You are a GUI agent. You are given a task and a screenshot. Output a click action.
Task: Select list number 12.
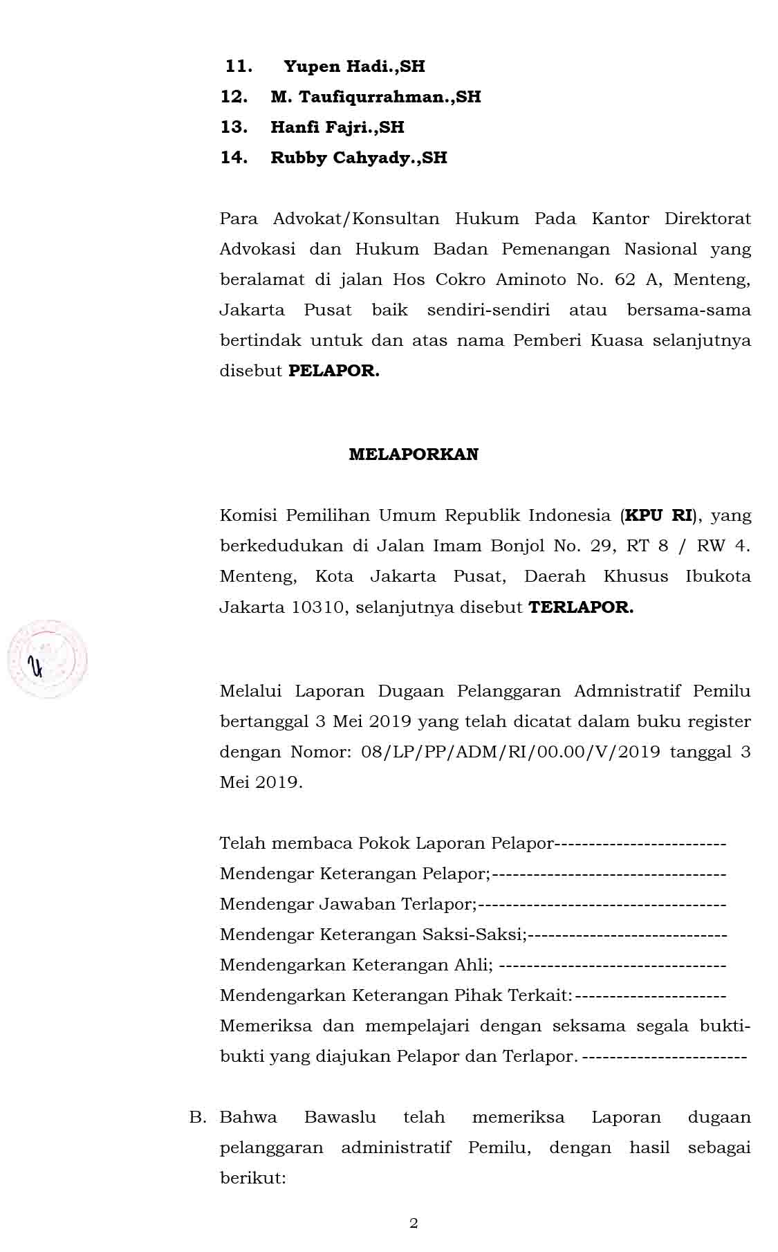coord(234,97)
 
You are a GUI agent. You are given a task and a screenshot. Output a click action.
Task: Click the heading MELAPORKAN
coord(414,454)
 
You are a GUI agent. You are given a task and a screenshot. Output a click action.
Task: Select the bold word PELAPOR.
coord(333,371)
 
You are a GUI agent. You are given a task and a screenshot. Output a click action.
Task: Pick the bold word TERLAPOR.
coord(581,607)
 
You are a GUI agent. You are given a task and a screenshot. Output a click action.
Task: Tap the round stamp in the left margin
coord(47,659)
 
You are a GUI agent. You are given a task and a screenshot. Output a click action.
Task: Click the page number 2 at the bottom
coord(414,1223)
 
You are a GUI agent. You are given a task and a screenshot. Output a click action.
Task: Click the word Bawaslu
coord(340,1117)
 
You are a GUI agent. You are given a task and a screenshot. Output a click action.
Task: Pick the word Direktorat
coord(707,219)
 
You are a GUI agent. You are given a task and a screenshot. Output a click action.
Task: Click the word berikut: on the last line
coord(252,1178)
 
